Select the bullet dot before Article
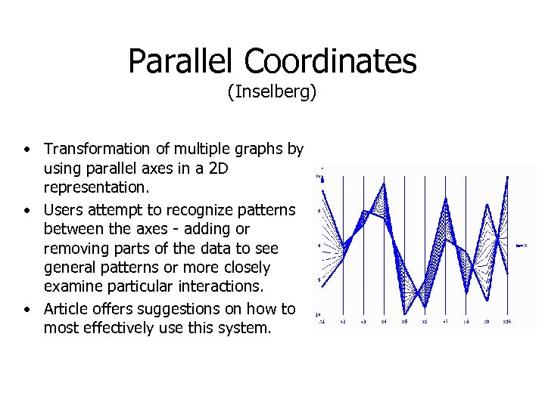(x=26, y=309)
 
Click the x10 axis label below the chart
(x=506, y=322)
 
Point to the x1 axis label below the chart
(x=322, y=322)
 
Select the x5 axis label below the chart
(x=404, y=322)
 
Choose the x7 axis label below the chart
(x=445, y=322)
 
